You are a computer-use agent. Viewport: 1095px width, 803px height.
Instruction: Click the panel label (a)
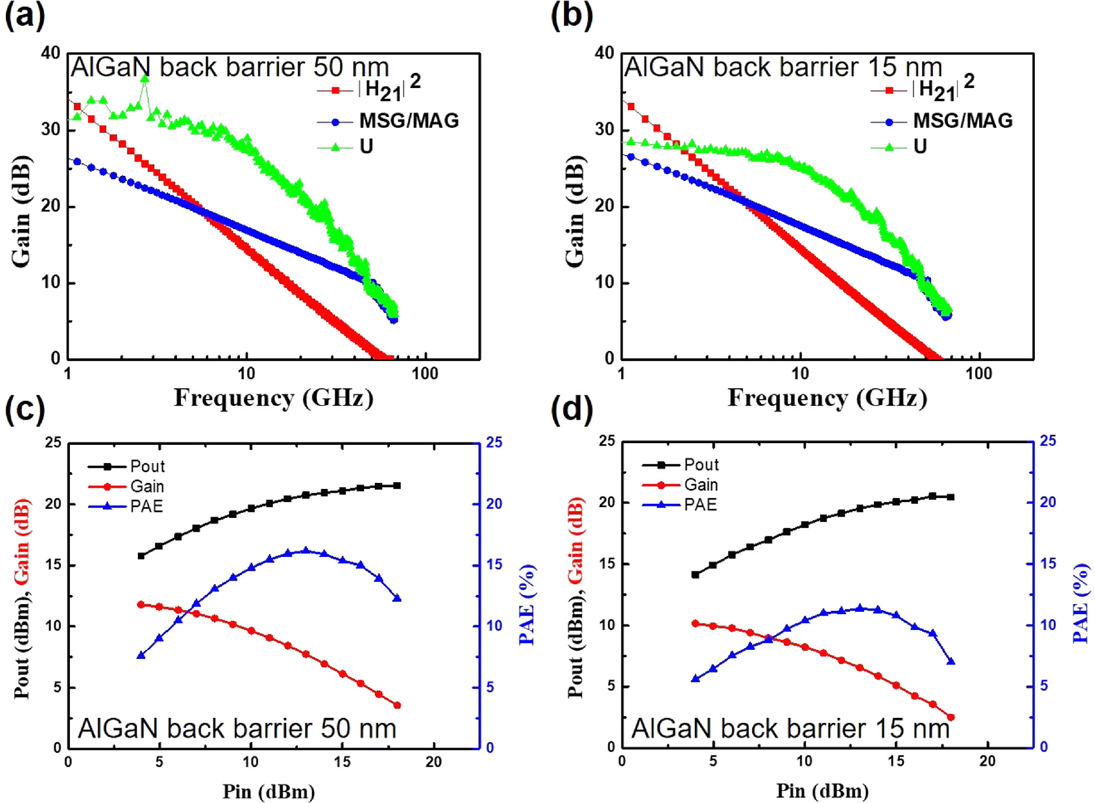pyautogui.click(x=25, y=15)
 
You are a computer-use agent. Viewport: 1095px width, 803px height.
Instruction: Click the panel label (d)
pyautogui.click(x=571, y=409)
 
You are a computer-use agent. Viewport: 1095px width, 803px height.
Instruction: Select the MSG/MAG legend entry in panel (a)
pyautogui.click(x=409, y=121)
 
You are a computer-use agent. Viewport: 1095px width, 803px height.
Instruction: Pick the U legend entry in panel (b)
pyautogui.click(x=920, y=146)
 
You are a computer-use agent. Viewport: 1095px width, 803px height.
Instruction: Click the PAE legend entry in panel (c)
pyautogui.click(x=146, y=506)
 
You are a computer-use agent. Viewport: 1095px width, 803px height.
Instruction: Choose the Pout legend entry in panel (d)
pyautogui.click(x=701, y=465)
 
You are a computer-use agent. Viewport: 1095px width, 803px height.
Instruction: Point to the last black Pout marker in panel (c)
pyautogui.click(x=397, y=485)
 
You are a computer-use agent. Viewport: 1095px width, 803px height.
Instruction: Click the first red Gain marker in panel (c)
pyautogui.click(x=141, y=604)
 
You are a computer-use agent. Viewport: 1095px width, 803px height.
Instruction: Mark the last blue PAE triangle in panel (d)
pyautogui.click(x=951, y=661)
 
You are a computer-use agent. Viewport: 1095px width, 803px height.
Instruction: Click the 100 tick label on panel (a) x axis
pyautogui.click(x=424, y=374)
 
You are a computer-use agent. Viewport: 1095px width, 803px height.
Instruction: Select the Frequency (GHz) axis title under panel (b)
pyautogui.click(x=827, y=398)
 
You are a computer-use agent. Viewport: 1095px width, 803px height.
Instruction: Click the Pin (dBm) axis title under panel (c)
pyautogui.click(x=269, y=791)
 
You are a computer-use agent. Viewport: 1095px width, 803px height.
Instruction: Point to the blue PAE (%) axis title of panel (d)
pyautogui.click(x=1081, y=603)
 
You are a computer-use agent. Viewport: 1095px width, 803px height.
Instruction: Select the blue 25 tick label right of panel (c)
pyautogui.click(x=494, y=442)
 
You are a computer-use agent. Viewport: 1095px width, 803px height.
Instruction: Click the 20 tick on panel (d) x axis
pyautogui.click(x=987, y=761)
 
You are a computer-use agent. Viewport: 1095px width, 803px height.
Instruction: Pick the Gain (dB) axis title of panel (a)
pyautogui.click(x=22, y=211)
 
